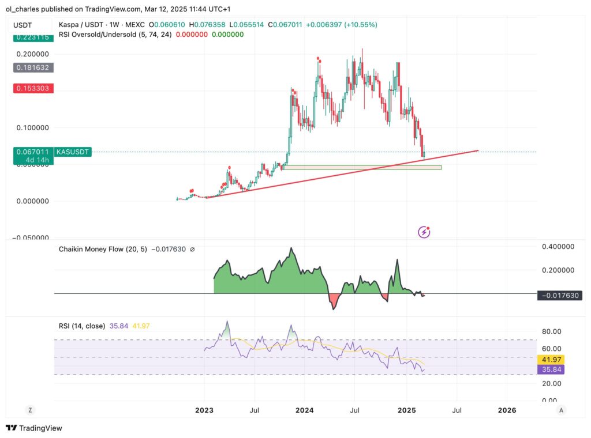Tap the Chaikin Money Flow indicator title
[x=103, y=250]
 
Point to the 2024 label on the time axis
[x=304, y=410]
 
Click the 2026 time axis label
[x=507, y=410]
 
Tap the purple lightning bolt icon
[x=424, y=232]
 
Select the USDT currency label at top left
[x=23, y=25]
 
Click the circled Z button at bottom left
[x=30, y=410]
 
